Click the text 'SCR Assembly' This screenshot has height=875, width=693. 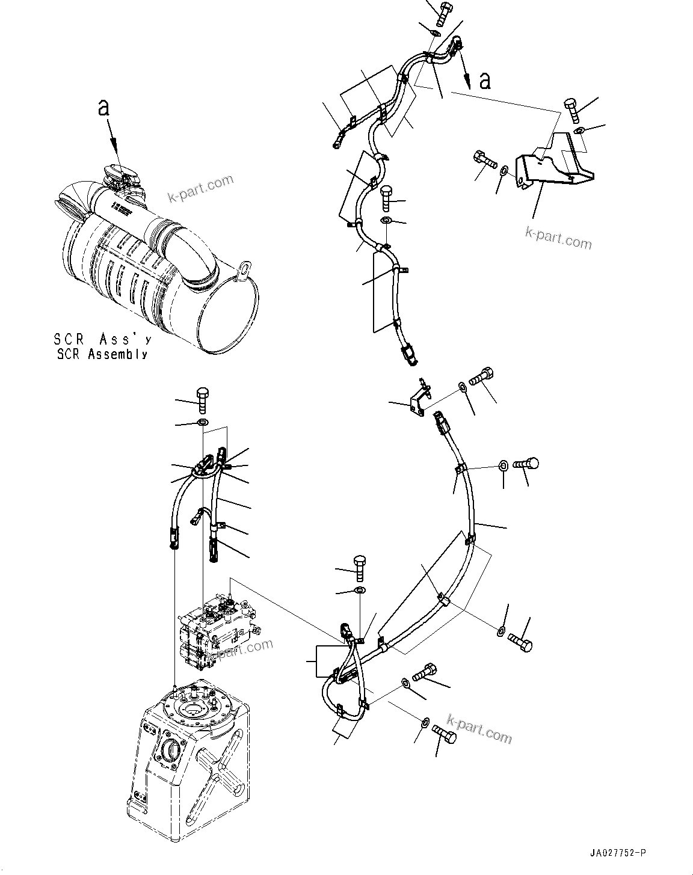(x=102, y=355)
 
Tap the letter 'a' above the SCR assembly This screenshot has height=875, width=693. (x=104, y=108)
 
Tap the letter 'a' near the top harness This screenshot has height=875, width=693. (x=484, y=81)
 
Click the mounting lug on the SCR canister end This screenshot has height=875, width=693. (x=242, y=269)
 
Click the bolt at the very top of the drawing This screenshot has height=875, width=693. (x=446, y=11)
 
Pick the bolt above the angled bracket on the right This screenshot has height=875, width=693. (x=571, y=111)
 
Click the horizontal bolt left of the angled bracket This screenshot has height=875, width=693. (x=483, y=160)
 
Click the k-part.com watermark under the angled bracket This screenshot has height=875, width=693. (x=558, y=238)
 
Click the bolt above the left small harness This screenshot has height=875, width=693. (x=203, y=399)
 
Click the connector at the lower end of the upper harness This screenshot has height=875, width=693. (x=409, y=354)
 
